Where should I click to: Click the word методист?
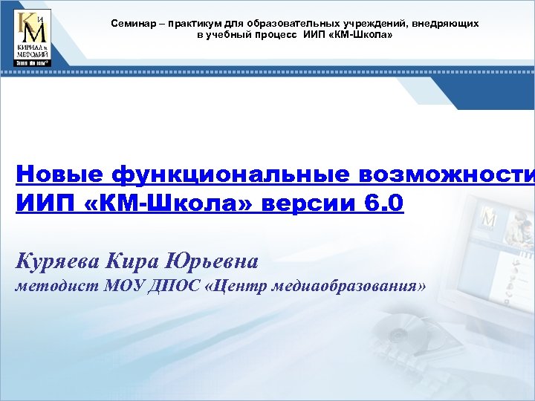(52, 287)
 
